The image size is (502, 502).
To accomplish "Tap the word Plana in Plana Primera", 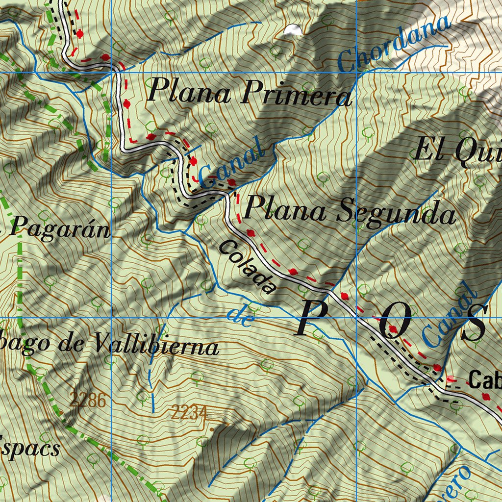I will point(189,90).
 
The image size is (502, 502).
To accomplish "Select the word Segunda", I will point(397,213).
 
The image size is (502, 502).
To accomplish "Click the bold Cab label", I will point(484,380).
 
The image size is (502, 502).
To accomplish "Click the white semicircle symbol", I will point(293,30).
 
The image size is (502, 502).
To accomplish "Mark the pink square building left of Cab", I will point(451,378).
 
